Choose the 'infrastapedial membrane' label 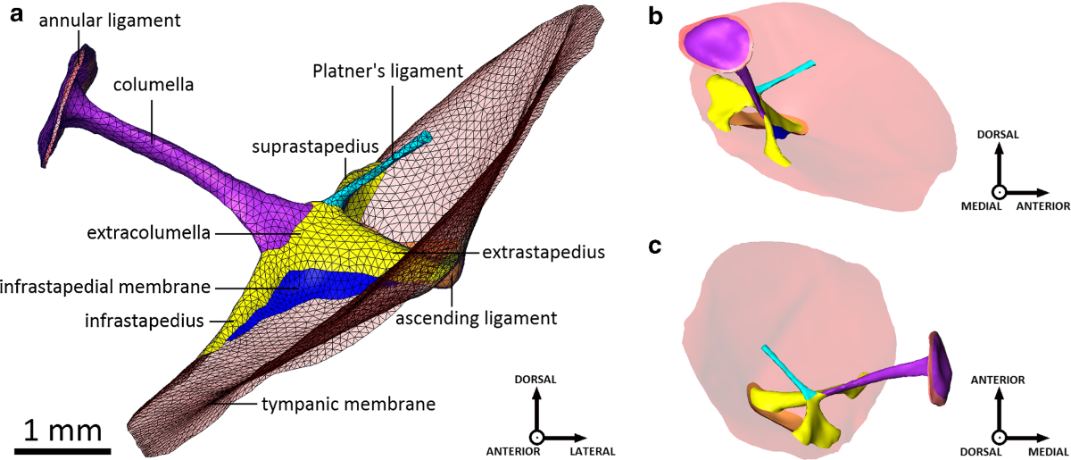pos(106,287)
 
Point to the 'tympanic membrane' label pos(348,404)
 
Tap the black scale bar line pos(62,449)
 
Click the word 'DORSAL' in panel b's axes pos(999,134)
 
